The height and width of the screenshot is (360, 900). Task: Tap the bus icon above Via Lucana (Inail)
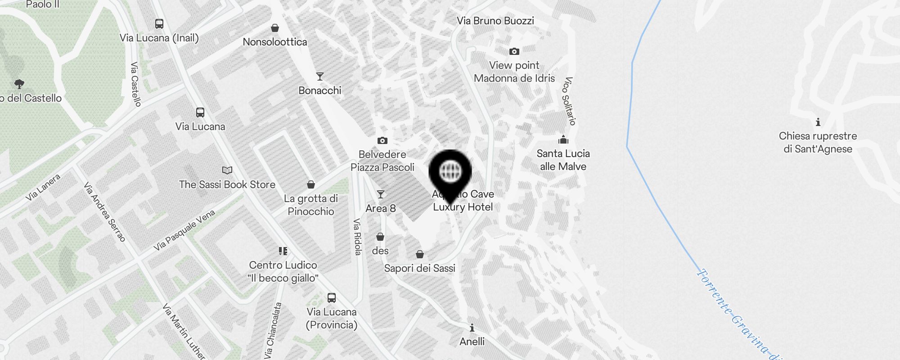pos(159,24)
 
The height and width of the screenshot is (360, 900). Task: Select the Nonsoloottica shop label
pos(275,42)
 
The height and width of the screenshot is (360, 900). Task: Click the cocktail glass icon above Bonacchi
pos(320,76)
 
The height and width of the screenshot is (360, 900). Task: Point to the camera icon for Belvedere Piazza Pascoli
pos(382,140)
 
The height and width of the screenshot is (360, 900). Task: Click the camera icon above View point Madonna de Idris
pos(514,52)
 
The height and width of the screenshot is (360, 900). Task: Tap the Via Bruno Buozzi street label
pos(495,21)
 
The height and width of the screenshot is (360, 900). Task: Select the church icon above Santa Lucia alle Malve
pos(563,139)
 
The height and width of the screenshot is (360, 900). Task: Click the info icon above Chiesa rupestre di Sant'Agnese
pos(818,122)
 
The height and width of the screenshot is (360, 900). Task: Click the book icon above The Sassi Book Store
pos(227,170)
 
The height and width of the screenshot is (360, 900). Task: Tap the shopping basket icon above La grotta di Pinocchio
pos(311,184)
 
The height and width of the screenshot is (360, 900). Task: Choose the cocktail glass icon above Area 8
pos(381,194)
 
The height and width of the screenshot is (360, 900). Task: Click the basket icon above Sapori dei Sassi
pos(420,254)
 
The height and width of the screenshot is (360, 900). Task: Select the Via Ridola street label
pos(357,237)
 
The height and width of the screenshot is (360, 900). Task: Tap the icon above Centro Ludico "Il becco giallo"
pos(283,251)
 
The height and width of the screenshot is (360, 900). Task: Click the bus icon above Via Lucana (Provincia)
pos(332,297)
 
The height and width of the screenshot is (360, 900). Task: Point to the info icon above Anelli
pos(472,327)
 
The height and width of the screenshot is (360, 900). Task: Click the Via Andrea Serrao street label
pos(105,212)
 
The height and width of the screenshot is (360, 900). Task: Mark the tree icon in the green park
pos(19,84)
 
